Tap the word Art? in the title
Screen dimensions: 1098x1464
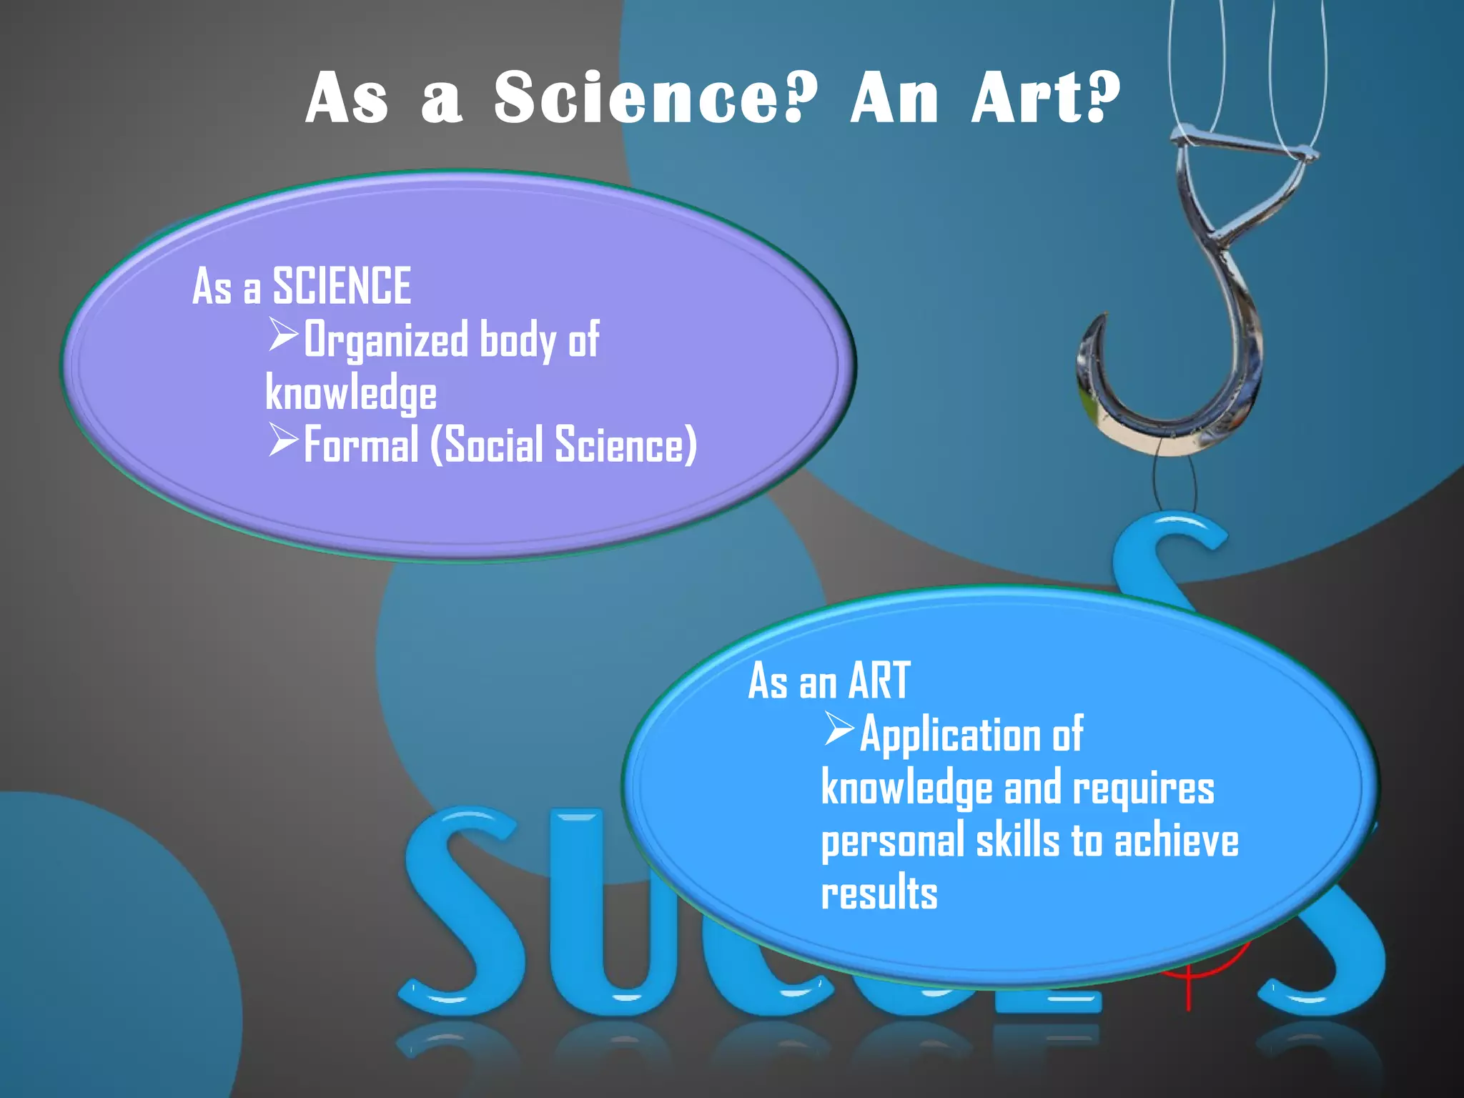pos(1045,98)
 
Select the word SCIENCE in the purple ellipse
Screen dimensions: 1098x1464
pos(342,286)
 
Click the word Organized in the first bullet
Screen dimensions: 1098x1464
pos(386,341)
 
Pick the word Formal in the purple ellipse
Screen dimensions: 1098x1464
pos(361,445)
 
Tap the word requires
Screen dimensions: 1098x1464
pos(1143,789)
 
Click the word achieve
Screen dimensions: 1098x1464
pos(1176,841)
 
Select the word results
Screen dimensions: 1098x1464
pos(879,894)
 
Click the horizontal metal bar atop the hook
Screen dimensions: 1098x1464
pos(1244,143)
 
